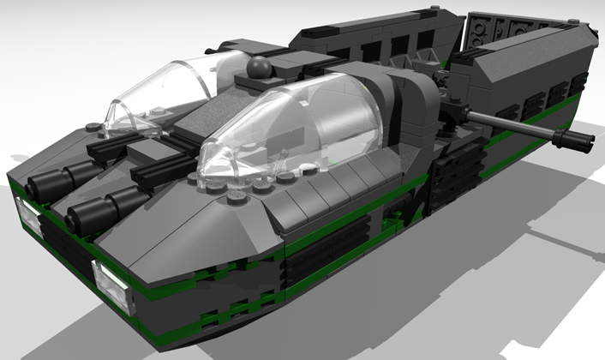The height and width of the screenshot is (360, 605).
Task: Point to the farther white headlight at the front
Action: (28, 213)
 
